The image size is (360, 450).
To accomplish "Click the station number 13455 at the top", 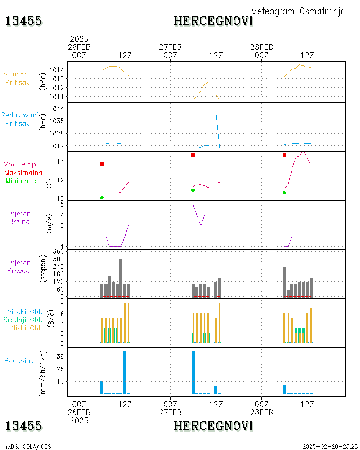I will click(23, 21).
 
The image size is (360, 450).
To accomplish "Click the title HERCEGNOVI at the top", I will click(213, 21).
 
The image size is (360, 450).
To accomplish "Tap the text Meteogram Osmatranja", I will click(298, 11).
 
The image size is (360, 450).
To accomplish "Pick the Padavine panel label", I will click(19, 360).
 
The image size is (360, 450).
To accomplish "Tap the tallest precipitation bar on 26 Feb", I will click(125, 372).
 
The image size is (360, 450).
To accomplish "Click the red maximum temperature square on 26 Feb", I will click(102, 164).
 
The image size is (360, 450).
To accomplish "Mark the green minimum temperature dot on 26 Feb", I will click(102, 198).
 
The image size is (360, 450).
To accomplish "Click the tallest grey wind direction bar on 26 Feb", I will click(121, 278).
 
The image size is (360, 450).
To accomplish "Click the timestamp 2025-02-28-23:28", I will click(330, 446).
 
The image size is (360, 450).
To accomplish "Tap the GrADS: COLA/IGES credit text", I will click(27, 446).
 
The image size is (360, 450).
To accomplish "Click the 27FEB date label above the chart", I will click(171, 47).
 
